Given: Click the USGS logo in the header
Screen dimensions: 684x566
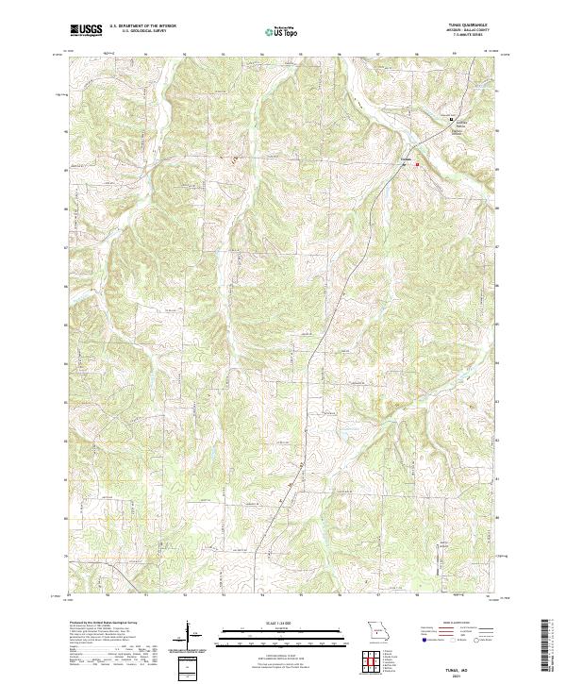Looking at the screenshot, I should click(86, 29).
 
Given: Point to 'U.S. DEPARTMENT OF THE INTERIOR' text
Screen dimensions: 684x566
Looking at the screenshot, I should click(141, 26).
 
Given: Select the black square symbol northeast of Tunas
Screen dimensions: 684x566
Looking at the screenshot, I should click(450, 118).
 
